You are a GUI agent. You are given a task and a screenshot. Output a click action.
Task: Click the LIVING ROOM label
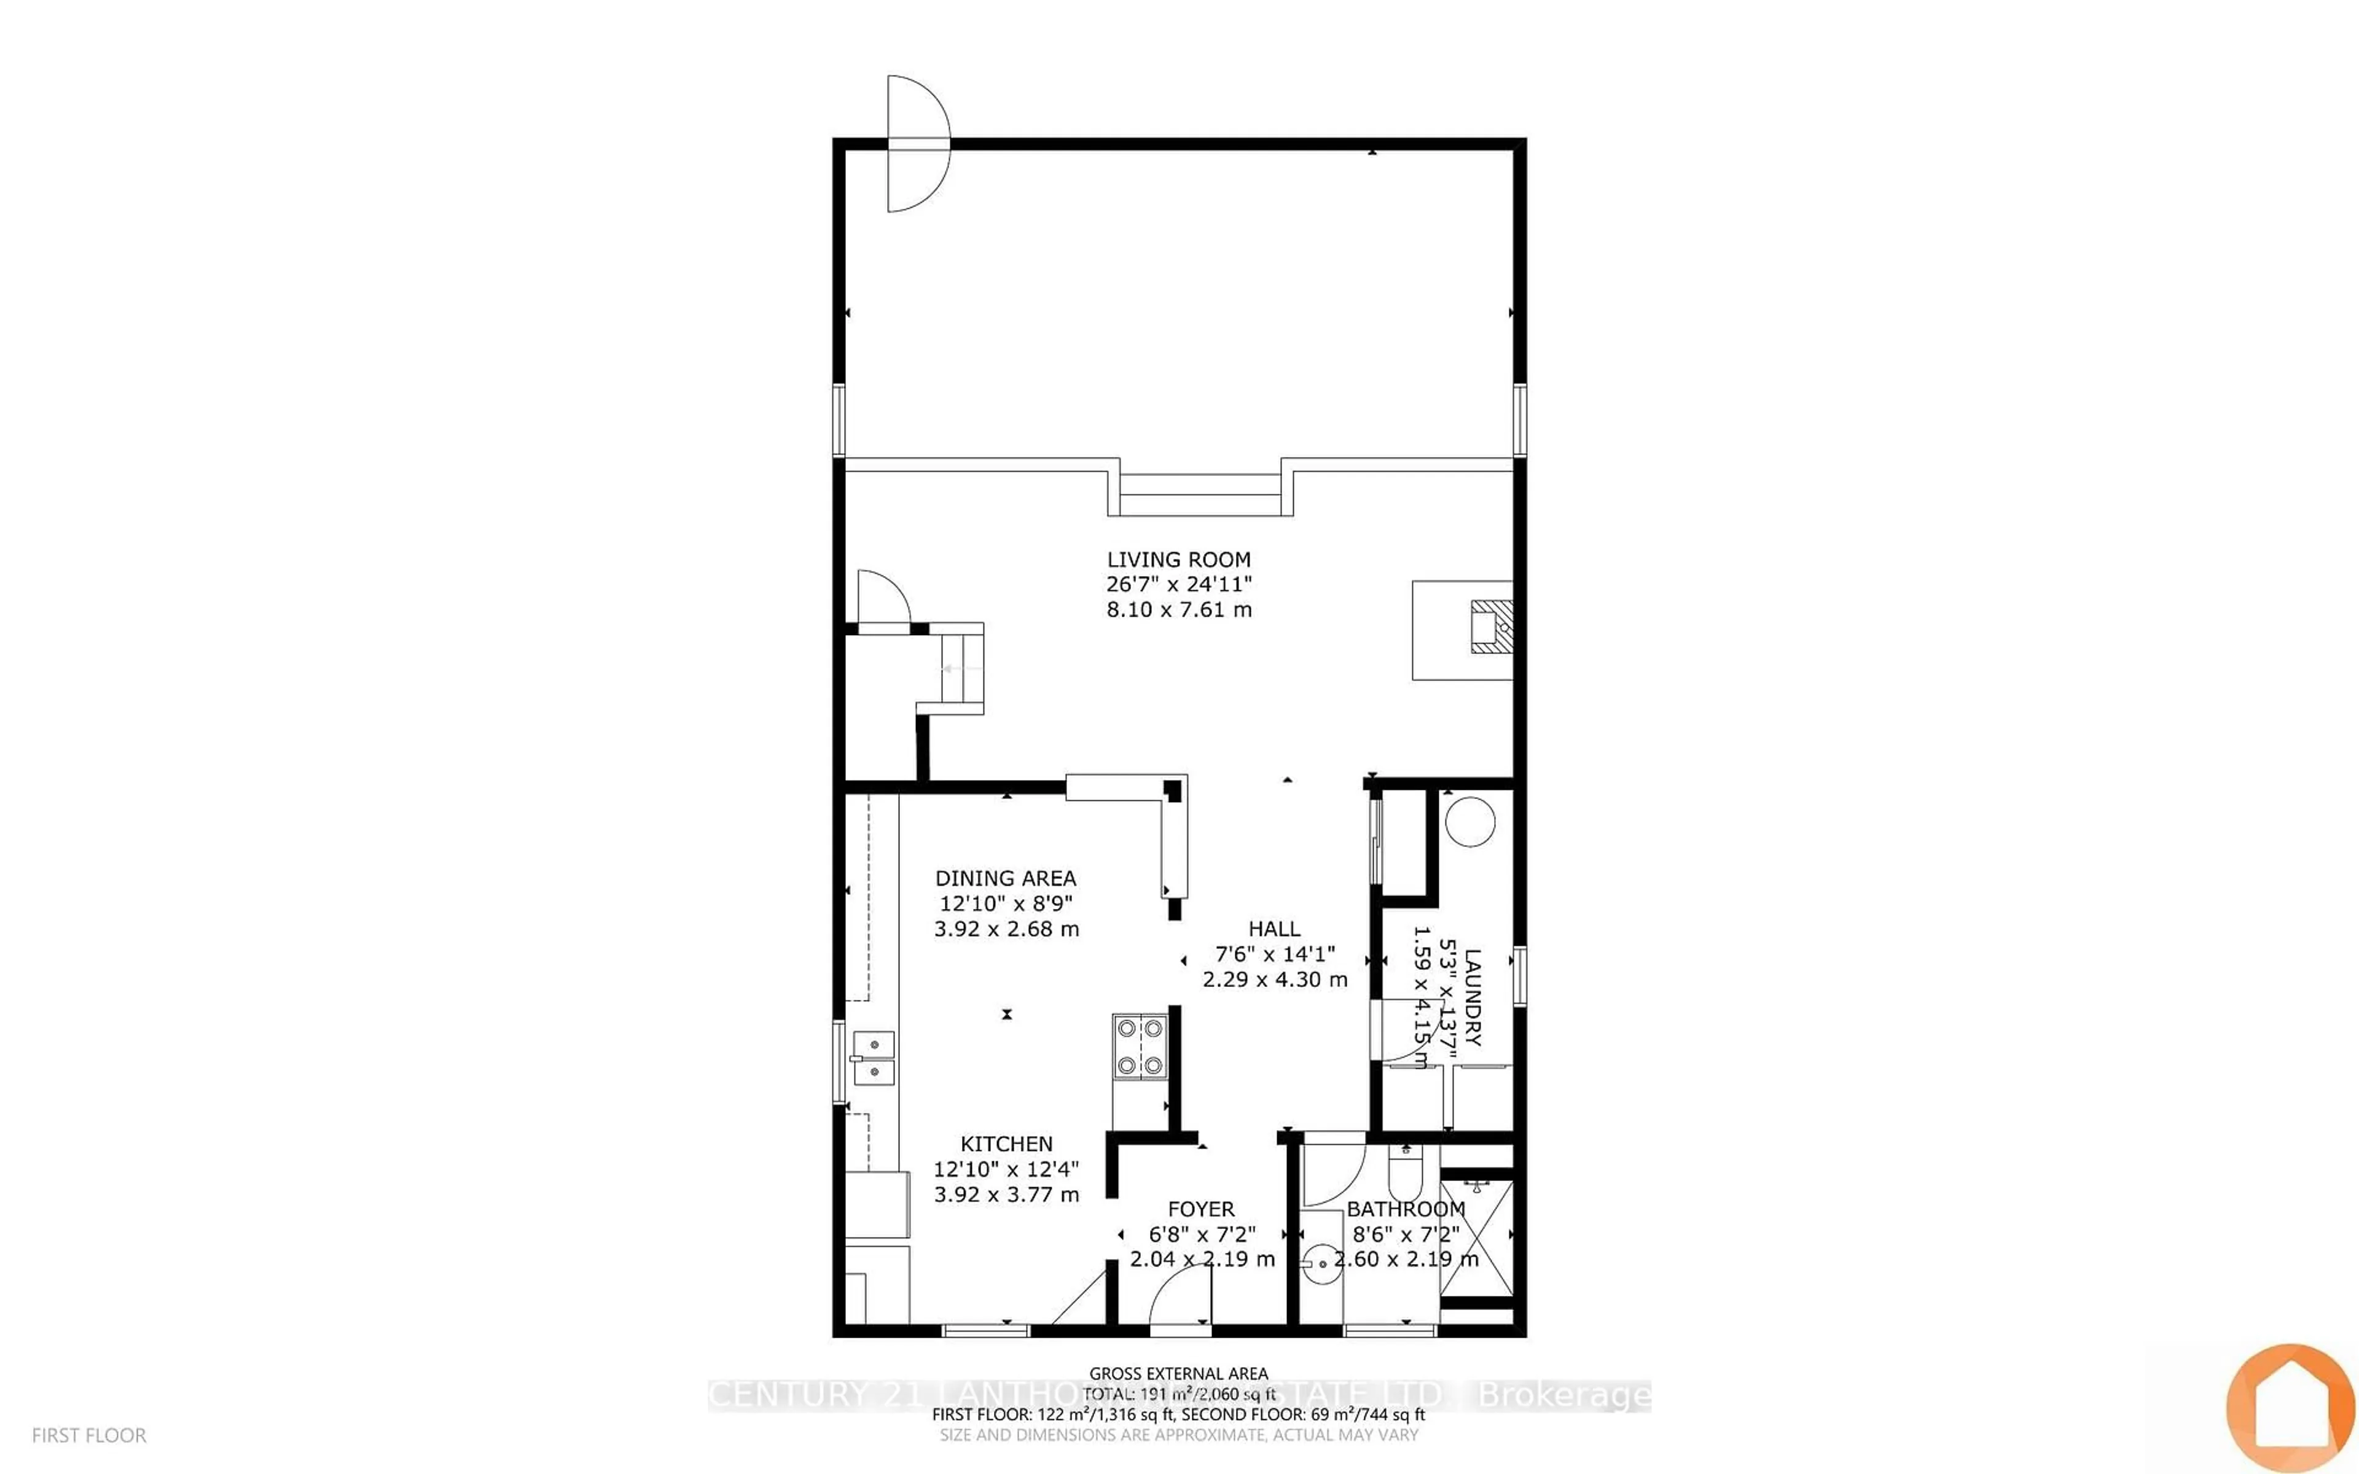(x=1178, y=560)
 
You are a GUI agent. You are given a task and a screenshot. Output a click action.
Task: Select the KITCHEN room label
(x=1006, y=1144)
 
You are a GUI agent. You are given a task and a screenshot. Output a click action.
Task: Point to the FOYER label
(x=1201, y=1209)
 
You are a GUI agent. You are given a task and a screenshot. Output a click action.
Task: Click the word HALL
(x=1274, y=929)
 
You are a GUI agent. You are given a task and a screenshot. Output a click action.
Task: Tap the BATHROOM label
(x=1406, y=1209)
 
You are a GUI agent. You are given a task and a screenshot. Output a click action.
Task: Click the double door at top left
(x=917, y=143)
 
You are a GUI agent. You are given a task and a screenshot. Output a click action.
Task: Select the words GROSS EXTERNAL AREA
(x=1178, y=1374)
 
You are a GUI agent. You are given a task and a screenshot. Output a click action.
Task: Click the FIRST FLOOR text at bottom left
(x=88, y=1435)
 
